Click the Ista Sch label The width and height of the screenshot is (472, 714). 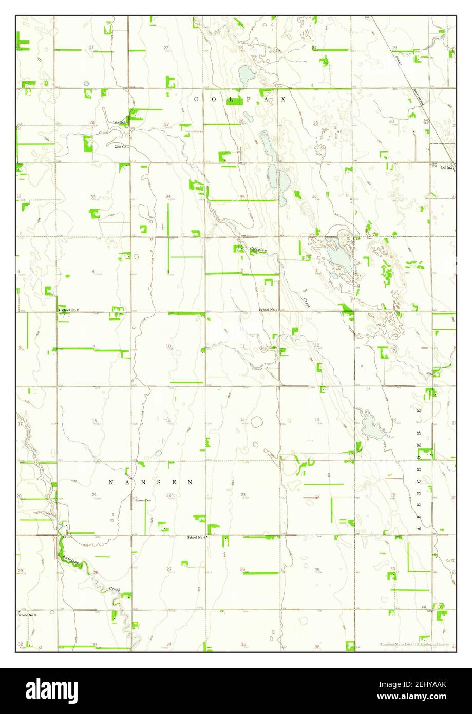[120, 122]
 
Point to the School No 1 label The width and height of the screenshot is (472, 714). [268, 310]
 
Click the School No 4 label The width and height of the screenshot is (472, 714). [196, 537]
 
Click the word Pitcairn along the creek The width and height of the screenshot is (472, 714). [258, 249]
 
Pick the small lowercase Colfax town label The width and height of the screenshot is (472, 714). [445, 167]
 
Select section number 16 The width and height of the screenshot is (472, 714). [94, 421]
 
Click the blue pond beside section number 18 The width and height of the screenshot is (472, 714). [372, 426]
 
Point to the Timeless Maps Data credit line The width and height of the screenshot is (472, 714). [415, 644]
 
